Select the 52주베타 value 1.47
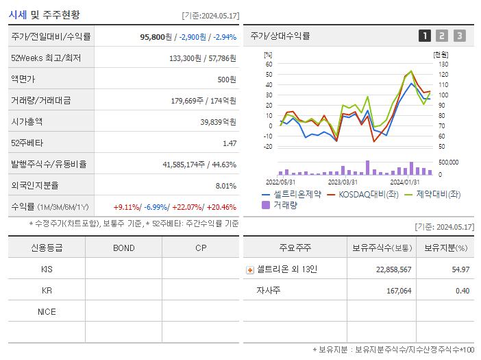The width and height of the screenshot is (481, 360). (x=229, y=143)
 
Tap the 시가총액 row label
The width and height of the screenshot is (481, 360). (x=27, y=121)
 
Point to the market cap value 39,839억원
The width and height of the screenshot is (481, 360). (x=218, y=121)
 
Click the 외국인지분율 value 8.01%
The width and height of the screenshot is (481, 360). (x=225, y=186)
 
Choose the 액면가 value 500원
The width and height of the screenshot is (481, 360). (x=226, y=79)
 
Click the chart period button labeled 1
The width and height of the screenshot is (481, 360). (x=425, y=36)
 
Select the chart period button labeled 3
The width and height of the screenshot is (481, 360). (x=459, y=36)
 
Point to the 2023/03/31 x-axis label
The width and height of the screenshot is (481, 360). (x=343, y=182)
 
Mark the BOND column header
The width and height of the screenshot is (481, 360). (x=123, y=248)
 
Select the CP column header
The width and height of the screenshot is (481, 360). (x=200, y=248)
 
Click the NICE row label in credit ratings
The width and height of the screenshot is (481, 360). (x=47, y=311)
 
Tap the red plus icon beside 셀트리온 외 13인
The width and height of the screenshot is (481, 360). (x=250, y=269)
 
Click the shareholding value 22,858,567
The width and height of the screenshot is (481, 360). (x=393, y=269)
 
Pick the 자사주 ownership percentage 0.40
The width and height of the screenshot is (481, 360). (x=462, y=291)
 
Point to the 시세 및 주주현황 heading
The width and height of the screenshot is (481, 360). (x=44, y=14)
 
